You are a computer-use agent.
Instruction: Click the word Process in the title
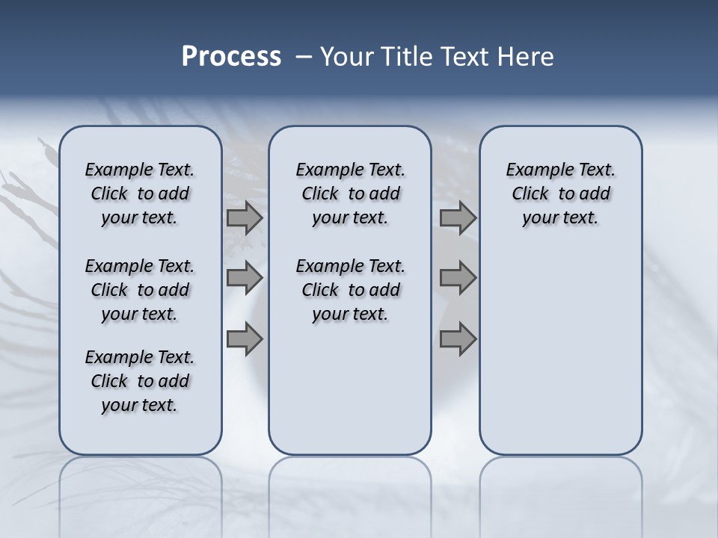[231, 57]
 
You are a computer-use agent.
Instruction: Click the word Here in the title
[527, 57]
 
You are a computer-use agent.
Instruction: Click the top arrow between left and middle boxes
[245, 218]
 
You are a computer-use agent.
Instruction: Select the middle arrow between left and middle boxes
[245, 278]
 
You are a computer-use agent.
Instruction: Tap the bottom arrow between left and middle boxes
[245, 338]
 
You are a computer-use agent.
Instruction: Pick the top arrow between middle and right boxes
[458, 218]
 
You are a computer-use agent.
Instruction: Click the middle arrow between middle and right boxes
[458, 278]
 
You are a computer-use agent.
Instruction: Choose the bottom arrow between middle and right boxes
[458, 338]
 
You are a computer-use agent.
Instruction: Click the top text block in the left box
[140, 194]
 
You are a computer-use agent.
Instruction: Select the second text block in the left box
[140, 290]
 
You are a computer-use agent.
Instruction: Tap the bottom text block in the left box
[140, 381]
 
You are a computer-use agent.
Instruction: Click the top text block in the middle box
[350, 194]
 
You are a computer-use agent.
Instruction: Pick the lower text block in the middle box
[350, 290]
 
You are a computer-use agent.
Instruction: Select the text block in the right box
[560, 194]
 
